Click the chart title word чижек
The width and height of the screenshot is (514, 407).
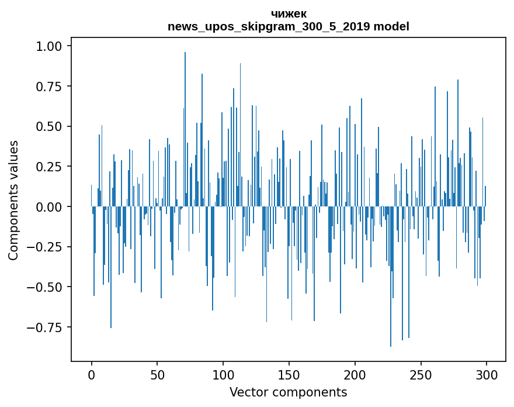click(x=289, y=13)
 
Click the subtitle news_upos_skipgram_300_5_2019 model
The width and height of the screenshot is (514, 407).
click(x=289, y=26)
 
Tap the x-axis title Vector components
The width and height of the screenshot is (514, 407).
click(x=289, y=392)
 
